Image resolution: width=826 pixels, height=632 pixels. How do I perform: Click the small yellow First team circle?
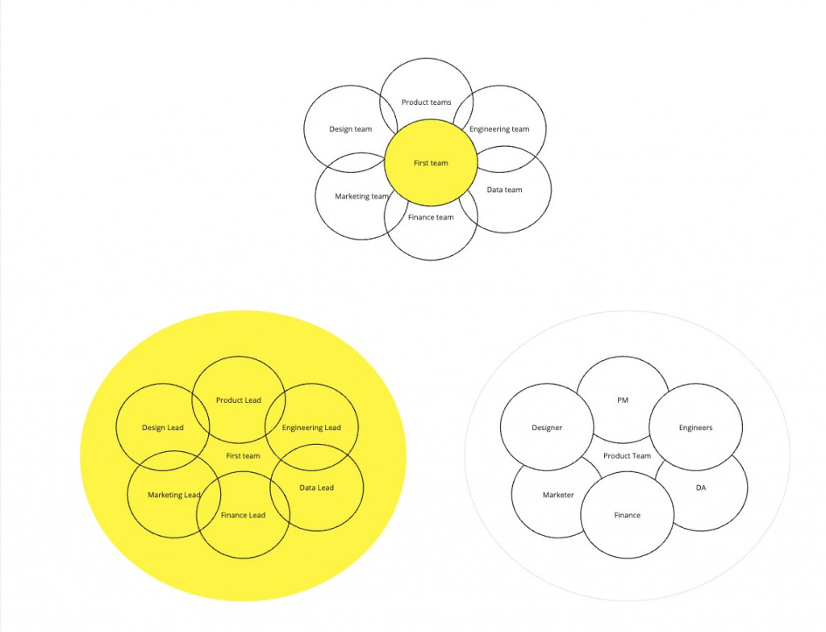coord(431,163)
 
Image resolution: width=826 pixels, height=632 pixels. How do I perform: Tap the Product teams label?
coord(426,103)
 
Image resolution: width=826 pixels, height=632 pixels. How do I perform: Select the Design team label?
coord(350,129)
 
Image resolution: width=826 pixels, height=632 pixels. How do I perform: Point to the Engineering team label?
coord(499,129)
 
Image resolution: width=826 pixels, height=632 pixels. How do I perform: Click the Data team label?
coord(504,190)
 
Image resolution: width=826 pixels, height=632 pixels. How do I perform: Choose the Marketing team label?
coord(361,196)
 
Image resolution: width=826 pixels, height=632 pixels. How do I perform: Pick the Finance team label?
coord(431,217)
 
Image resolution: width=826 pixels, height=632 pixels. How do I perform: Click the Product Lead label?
coord(239,400)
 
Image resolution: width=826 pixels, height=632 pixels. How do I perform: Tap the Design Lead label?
coord(163,428)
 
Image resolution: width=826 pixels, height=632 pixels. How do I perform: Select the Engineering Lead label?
coord(311,428)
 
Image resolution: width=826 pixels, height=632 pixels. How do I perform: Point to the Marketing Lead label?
coord(173,495)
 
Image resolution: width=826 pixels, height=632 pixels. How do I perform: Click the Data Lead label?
coord(316,488)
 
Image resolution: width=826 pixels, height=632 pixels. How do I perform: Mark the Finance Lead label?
coord(243,515)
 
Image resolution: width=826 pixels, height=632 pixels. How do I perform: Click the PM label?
coord(623,400)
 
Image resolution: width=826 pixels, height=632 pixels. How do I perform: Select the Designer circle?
coord(546,428)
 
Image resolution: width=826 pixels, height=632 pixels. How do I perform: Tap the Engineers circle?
coord(695,428)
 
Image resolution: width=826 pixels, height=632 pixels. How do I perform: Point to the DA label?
coord(700,488)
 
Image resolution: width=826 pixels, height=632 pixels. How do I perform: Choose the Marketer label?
coord(558,495)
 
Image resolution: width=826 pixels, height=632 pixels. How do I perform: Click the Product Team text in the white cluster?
coord(627,456)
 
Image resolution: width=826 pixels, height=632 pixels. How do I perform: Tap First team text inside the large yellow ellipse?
coord(243,456)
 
